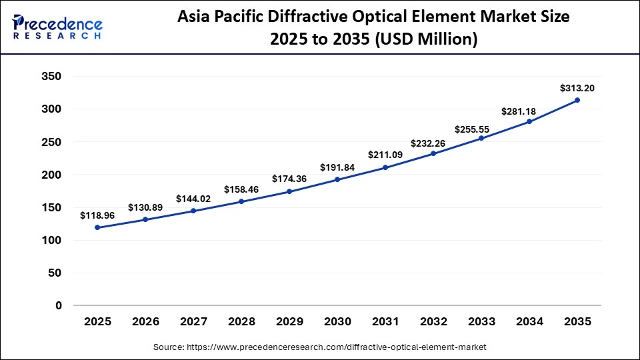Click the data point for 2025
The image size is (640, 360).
97,227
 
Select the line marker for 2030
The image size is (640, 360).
337,179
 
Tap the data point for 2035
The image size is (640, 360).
577,100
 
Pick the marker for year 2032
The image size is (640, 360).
433,153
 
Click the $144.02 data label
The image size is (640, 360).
193,199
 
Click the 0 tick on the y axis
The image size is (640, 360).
59,305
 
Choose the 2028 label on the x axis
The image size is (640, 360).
241,322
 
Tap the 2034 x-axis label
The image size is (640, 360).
529,322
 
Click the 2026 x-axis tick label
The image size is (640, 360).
145,322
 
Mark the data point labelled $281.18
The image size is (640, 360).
529,121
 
